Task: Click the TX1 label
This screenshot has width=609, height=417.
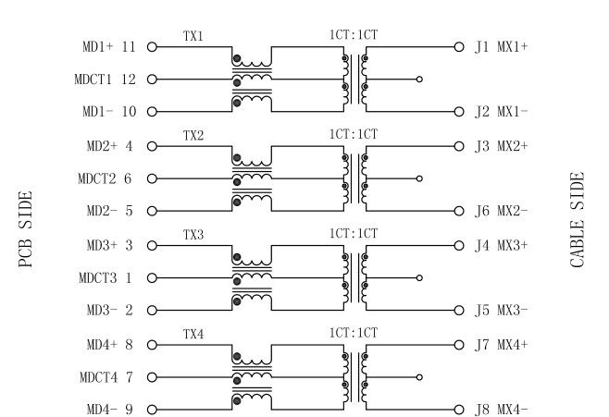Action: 193,35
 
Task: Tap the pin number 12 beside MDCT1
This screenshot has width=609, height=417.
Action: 130,80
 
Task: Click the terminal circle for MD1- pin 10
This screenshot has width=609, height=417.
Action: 151,112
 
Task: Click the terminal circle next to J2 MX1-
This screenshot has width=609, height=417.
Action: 458,112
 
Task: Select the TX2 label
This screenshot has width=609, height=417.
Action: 193,135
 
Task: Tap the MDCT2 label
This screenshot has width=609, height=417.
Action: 95,178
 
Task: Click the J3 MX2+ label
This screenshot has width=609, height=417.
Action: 500,145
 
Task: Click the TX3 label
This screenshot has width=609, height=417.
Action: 193,235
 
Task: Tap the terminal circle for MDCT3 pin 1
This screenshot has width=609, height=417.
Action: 151,277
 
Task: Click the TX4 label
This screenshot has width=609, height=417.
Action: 193,333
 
